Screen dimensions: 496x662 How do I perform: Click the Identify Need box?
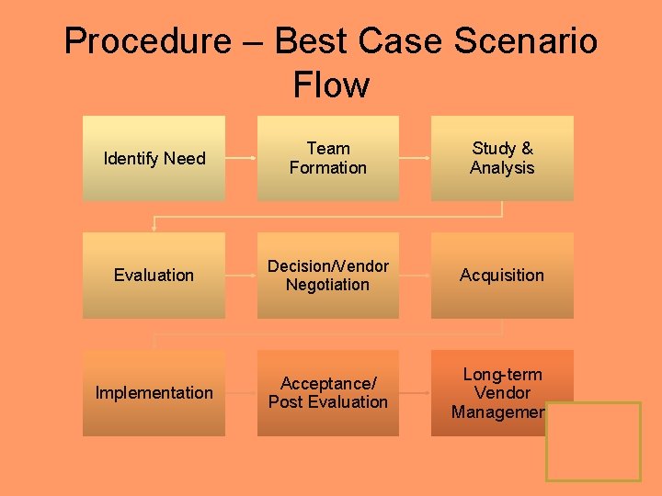[154, 158]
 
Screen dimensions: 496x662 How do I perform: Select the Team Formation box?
[327, 158]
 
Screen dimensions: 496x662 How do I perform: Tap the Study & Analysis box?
[502, 158]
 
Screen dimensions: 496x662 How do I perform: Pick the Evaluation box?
[154, 275]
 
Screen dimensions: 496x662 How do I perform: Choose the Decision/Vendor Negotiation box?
[327, 275]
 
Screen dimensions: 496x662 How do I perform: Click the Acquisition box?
[502, 275]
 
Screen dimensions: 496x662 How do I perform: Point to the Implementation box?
[154, 392]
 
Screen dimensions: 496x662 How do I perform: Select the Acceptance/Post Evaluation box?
[327, 392]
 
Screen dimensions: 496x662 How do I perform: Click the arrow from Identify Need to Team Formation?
[241, 158]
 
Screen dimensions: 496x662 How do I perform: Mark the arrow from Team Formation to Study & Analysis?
[415, 158]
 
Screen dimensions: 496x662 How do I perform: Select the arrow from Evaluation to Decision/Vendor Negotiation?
[241, 275]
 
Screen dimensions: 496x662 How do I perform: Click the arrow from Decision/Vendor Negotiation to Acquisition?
[415, 275]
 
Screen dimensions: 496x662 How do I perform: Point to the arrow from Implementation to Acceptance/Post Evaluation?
[241, 392]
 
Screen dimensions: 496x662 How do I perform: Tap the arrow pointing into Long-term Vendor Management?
[415, 392]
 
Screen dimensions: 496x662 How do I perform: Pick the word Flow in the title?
[331, 85]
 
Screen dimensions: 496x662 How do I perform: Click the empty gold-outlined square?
[593, 441]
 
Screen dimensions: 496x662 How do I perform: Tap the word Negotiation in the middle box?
[327, 285]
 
